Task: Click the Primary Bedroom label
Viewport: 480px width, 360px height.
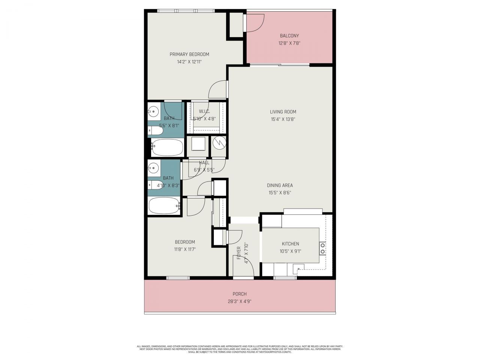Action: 189,54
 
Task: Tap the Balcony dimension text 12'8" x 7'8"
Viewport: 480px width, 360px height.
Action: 289,43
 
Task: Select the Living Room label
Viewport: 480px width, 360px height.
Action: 283,112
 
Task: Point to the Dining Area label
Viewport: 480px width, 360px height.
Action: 280,185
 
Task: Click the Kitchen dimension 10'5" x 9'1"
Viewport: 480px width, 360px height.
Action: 290,252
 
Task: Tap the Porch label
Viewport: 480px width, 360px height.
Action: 240,294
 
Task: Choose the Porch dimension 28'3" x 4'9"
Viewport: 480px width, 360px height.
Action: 240,301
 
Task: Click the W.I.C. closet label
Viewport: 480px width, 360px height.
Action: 204,111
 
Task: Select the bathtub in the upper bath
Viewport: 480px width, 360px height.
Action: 167,147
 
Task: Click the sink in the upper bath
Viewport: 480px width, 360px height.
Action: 153,111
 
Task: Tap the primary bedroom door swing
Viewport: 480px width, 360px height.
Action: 217,90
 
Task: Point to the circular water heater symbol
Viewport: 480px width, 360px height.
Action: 219,143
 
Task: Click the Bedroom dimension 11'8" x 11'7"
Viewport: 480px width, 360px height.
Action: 184,249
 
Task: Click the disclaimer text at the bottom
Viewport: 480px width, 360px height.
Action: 240,349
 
